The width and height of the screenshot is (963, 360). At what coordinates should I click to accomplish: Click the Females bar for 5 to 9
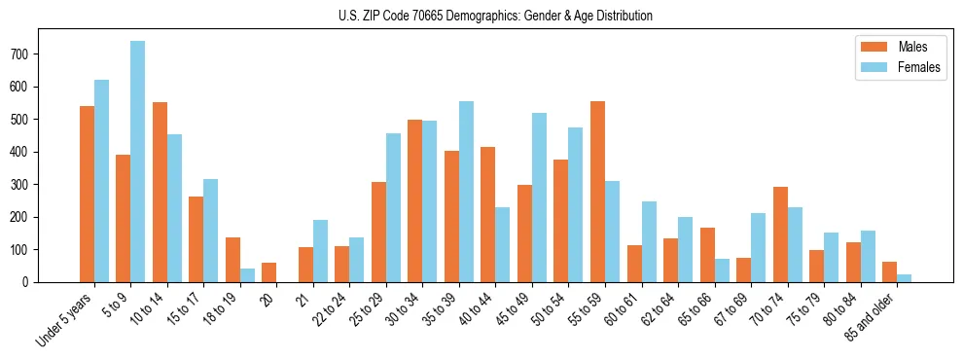137,162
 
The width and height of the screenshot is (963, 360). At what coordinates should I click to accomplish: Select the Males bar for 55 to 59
597,192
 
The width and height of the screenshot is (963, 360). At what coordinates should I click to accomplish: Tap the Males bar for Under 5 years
87,194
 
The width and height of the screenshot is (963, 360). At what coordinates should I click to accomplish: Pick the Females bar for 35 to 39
466,192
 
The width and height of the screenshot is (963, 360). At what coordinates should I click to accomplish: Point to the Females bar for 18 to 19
247,275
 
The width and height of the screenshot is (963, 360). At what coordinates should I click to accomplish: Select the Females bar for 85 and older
904,278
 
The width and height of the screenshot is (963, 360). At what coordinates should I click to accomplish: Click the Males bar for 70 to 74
780,234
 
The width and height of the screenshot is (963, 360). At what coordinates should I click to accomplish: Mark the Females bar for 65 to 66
722,270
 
